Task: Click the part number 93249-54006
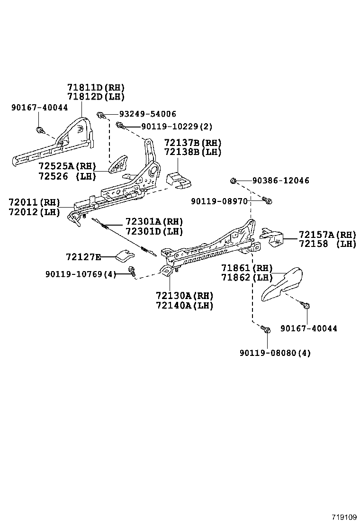(147, 114)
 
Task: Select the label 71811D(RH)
(95, 88)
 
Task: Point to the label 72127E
(83, 257)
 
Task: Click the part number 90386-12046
(280, 181)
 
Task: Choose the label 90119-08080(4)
(275, 353)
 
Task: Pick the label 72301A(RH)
(154, 222)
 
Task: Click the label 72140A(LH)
(184, 306)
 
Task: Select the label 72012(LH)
(34, 212)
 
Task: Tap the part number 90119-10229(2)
(170, 127)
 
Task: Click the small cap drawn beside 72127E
(125, 255)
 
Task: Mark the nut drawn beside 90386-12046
(234, 181)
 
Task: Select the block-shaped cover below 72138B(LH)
(179, 179)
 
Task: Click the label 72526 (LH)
(67, 176)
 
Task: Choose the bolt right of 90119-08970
(267, 201)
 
